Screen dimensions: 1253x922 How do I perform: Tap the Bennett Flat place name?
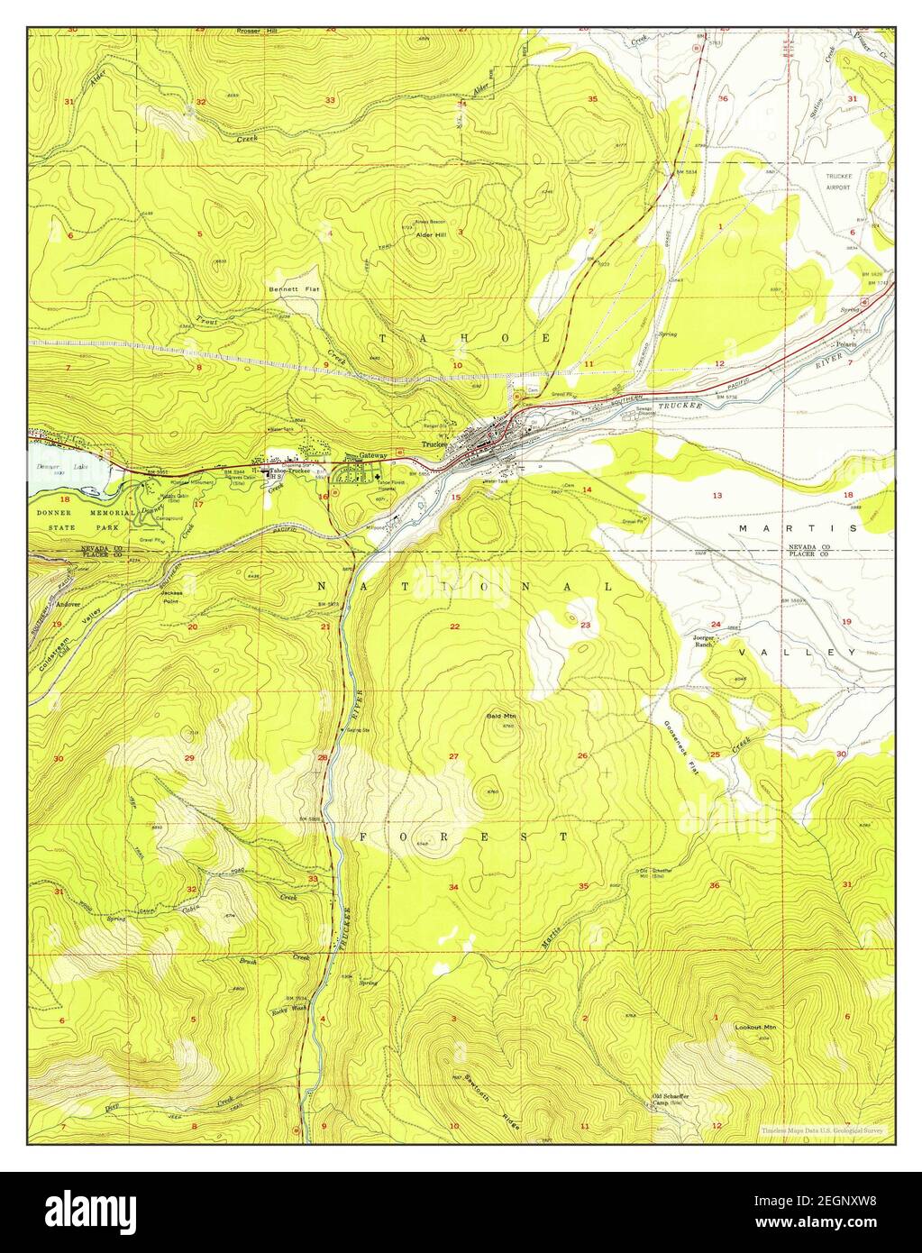[288, 289]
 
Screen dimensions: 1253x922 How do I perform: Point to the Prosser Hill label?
[257, 31]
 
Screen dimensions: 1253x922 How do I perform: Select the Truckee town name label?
[434, 444]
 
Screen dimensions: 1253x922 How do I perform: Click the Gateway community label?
[372, 455]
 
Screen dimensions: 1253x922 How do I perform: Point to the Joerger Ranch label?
[703, 642]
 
